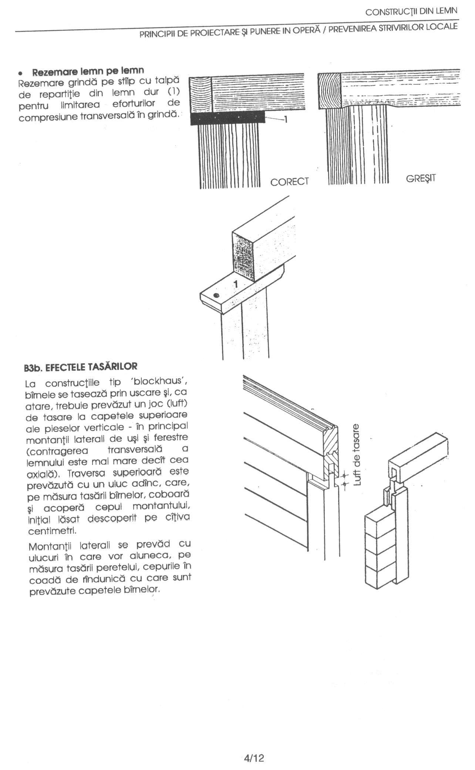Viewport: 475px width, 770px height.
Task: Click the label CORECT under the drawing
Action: pos(289,182)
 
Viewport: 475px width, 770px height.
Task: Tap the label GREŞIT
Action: pos(421,178)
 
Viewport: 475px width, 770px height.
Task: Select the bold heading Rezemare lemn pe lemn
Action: pos(88,70)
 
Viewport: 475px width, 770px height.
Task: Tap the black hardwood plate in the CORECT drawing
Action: pos(228,118)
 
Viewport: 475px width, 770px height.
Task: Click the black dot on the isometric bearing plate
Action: pos(216,295)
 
